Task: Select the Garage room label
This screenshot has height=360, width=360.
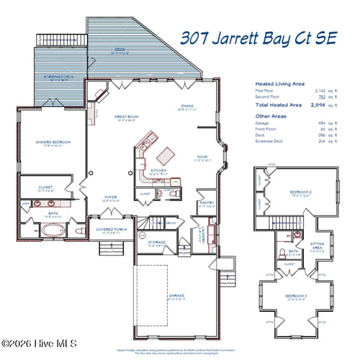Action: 176,295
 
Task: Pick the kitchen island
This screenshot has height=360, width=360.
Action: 168,153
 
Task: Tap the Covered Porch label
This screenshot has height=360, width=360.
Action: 110,230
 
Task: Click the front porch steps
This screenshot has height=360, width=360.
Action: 110,249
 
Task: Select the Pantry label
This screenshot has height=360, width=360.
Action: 206,203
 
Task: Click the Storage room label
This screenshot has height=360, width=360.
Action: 156,243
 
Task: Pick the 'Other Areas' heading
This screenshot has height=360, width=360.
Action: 269,115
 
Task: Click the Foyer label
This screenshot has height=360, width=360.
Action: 111,197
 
